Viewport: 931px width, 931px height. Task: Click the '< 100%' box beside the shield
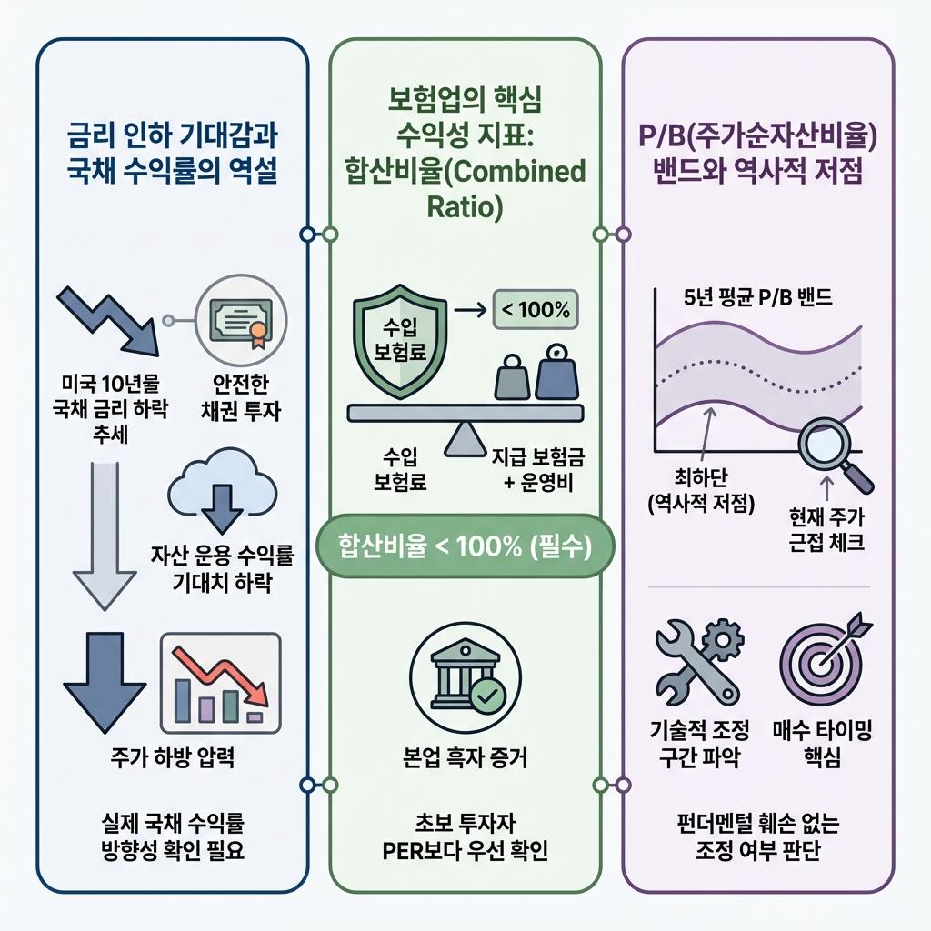click(x=535, y=311)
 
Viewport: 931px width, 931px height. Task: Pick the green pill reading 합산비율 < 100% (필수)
click(x=465, y=546)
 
